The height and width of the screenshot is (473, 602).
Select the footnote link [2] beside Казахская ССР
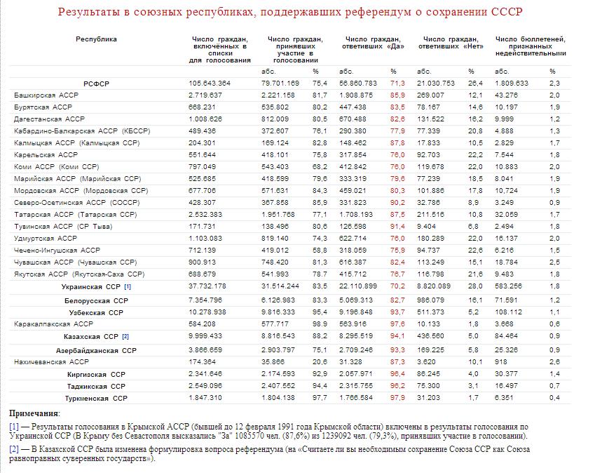click(125, 337)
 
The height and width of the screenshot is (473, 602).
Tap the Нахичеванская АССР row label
click(53, 361)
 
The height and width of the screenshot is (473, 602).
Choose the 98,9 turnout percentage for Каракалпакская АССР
click(319, 324)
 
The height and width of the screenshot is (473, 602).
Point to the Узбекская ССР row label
click(96, 312)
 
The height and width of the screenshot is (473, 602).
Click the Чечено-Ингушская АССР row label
click(57, 250)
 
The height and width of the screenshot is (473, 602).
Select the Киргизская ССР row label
click(97, 373)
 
